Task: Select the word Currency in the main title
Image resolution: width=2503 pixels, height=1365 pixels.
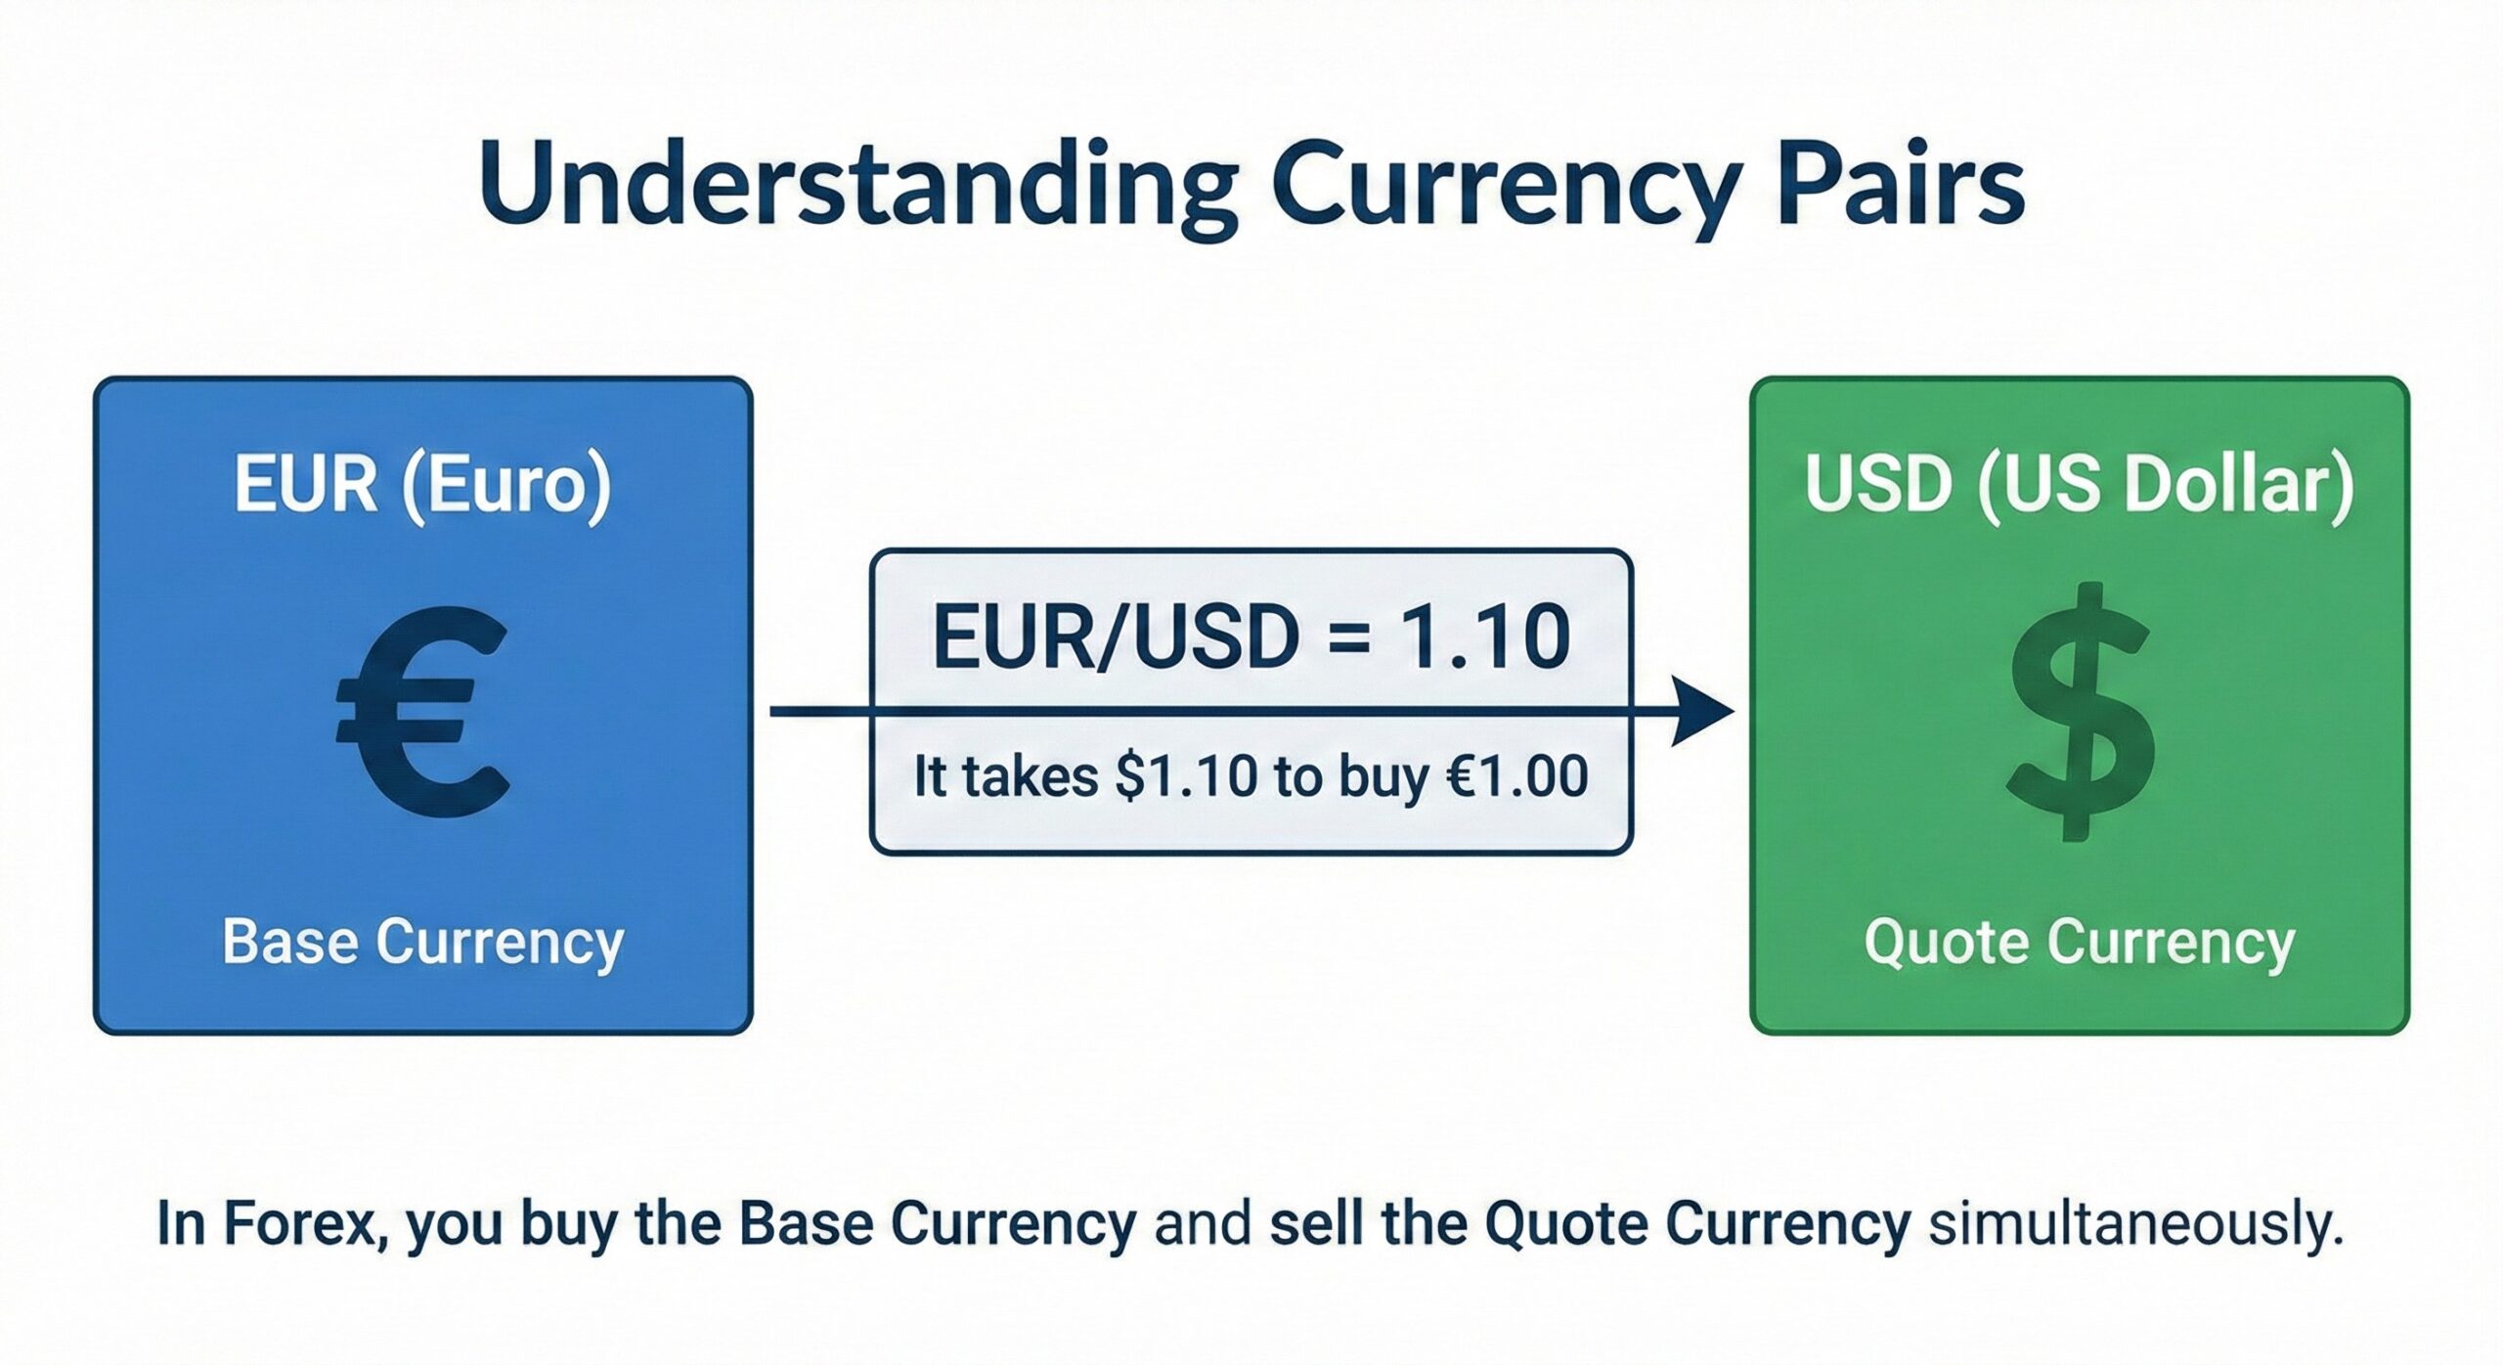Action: click(1507, 186)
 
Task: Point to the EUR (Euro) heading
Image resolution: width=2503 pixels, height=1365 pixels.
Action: click(422, 486)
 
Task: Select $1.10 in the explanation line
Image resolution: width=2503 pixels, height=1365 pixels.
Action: click(1185, 777)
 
